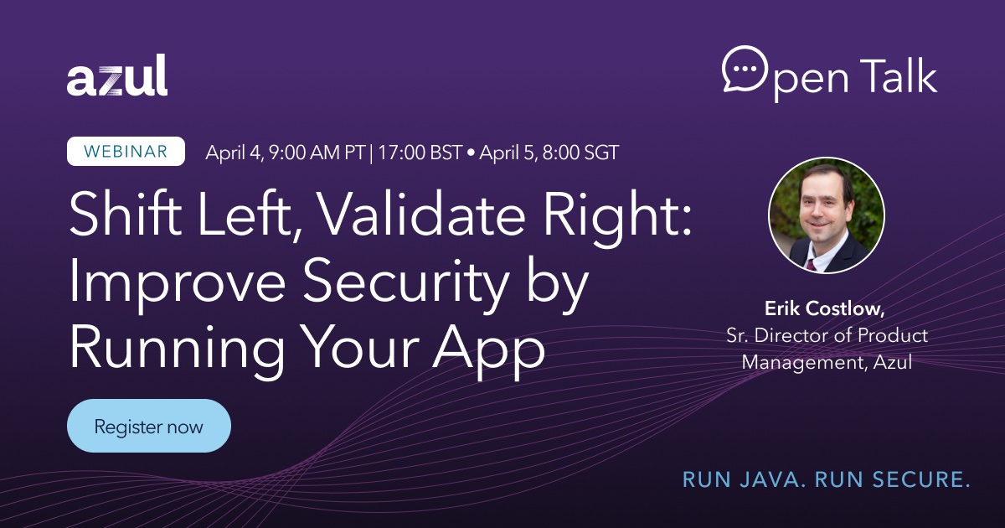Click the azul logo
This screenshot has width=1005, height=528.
117,75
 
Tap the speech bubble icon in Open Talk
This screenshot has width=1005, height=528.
745,69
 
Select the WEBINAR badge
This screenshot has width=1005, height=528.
126,152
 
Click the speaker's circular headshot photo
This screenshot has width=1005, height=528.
827,215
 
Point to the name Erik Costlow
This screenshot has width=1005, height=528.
824,308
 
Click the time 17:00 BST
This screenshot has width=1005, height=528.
420,153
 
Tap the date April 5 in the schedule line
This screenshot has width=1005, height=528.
507,153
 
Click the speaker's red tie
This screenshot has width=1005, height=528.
811,265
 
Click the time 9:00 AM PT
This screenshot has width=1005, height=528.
317,153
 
